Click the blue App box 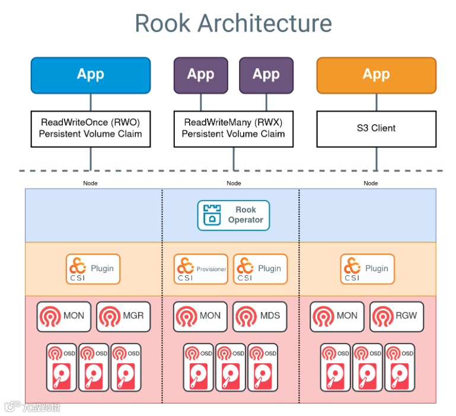(x=91, y=75)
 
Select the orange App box (x=376, y=75)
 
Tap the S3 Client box (x=376, y=128)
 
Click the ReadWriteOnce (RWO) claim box (x=91, y=128)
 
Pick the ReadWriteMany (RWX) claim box (x=233, y=128)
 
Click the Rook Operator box (x=233, y=215)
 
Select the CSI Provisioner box (x=200, y=269)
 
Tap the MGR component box (x=123, y=316)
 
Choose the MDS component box (x=260, y=316)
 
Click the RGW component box (x=397, y=316)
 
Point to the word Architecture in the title (x=264, y=23)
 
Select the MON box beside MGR (x=64, y=316)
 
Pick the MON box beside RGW (x=338, y=316)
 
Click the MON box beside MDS (x=200, y=316)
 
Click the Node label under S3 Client (x=371, y=183)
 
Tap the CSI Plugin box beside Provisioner (x=260, y=269)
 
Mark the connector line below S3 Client (x=376, y=158)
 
